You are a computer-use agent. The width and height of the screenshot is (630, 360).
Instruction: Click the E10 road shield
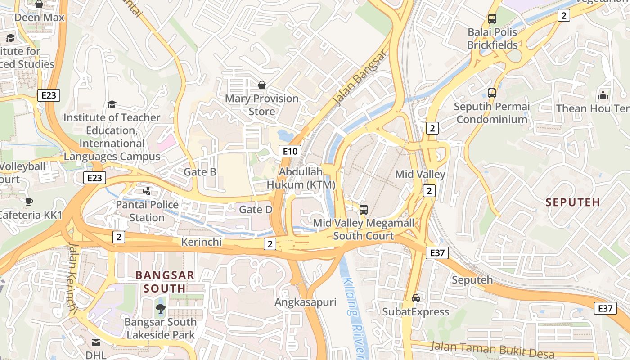tap(290, 151)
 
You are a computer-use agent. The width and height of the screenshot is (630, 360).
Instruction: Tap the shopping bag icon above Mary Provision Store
tap(261, 85)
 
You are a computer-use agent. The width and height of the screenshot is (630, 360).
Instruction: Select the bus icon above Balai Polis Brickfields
tap(492, 19)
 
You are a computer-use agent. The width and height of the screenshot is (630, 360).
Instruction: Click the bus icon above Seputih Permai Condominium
tap(492, 93)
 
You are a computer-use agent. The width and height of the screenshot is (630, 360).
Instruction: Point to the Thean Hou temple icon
tap(603, 95)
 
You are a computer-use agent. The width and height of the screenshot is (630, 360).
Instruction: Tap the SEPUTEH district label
tap(573, 202)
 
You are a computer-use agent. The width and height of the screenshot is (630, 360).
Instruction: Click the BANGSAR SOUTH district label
tap(165, 282)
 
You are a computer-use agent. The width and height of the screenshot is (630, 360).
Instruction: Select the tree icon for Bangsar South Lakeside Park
tap(160, 308)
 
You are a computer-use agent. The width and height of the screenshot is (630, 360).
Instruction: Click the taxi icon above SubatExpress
tap(416, 298)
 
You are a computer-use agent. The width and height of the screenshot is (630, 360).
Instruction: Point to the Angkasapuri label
tap(306, 302)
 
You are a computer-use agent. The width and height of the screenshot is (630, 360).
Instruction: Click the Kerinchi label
tap(202, 242)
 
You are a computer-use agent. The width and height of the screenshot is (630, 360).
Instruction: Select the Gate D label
tap(256, 210)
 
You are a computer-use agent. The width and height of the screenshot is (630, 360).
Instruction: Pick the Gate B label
tap(200, 172)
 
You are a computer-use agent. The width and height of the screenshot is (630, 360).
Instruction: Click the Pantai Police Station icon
tap(147, 191)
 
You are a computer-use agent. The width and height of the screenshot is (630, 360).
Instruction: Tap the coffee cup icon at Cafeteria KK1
tap(29, 202)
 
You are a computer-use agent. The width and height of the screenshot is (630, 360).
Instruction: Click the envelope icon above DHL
tap(96, 342)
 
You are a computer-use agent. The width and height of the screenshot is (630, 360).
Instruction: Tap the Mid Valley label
tap(420, 174)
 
